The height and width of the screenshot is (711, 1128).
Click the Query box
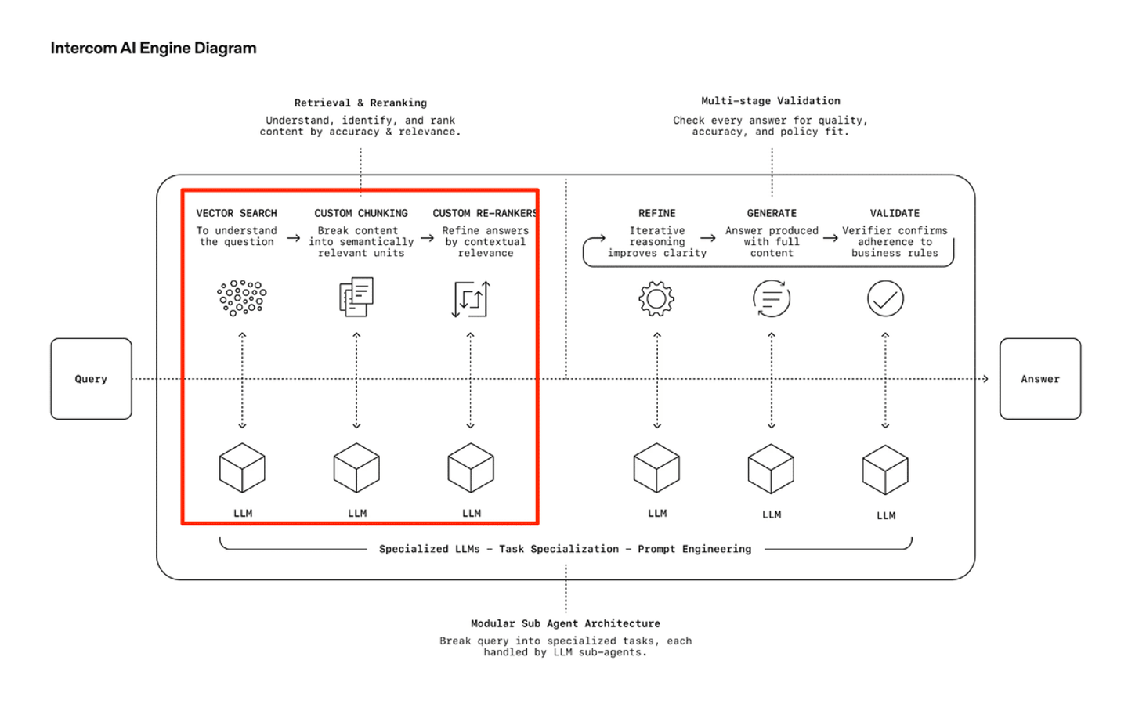click(x=91, y=379)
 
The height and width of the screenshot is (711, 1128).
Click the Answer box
click(x=1039, y=379)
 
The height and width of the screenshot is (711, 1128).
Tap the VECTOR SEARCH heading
click(x=237, y=213)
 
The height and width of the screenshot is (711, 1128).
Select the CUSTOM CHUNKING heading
click(x=361, y=213)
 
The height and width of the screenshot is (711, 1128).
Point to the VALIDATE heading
click(x=895, y=213)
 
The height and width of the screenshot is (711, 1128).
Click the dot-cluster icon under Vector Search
click(x=242, y=298)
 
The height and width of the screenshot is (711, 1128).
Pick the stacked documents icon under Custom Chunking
click(x=356, y=297)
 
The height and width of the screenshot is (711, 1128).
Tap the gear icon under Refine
click(x=656, y=298)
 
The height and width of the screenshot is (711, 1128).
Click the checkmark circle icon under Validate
click(x=885, y=298)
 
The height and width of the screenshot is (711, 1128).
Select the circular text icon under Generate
click(x=772, y=298)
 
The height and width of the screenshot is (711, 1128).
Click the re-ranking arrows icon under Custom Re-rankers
click(x=471, y=298)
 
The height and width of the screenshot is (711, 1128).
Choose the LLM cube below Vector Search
click(x=242, y=468)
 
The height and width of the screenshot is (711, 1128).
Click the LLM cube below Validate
click(x=885, y=470)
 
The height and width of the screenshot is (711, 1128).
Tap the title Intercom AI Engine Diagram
click(x=154, y=48)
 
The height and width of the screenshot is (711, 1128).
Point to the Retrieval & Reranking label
click(x=360, y=103)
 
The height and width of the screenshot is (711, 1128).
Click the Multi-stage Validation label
click(x=771, y=101)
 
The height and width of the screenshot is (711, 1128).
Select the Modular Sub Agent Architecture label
click(x=566, y=623)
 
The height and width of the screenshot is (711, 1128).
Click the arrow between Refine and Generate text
click(x=708, y=238)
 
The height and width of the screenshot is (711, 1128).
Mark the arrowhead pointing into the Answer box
click(x=985, y=379)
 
